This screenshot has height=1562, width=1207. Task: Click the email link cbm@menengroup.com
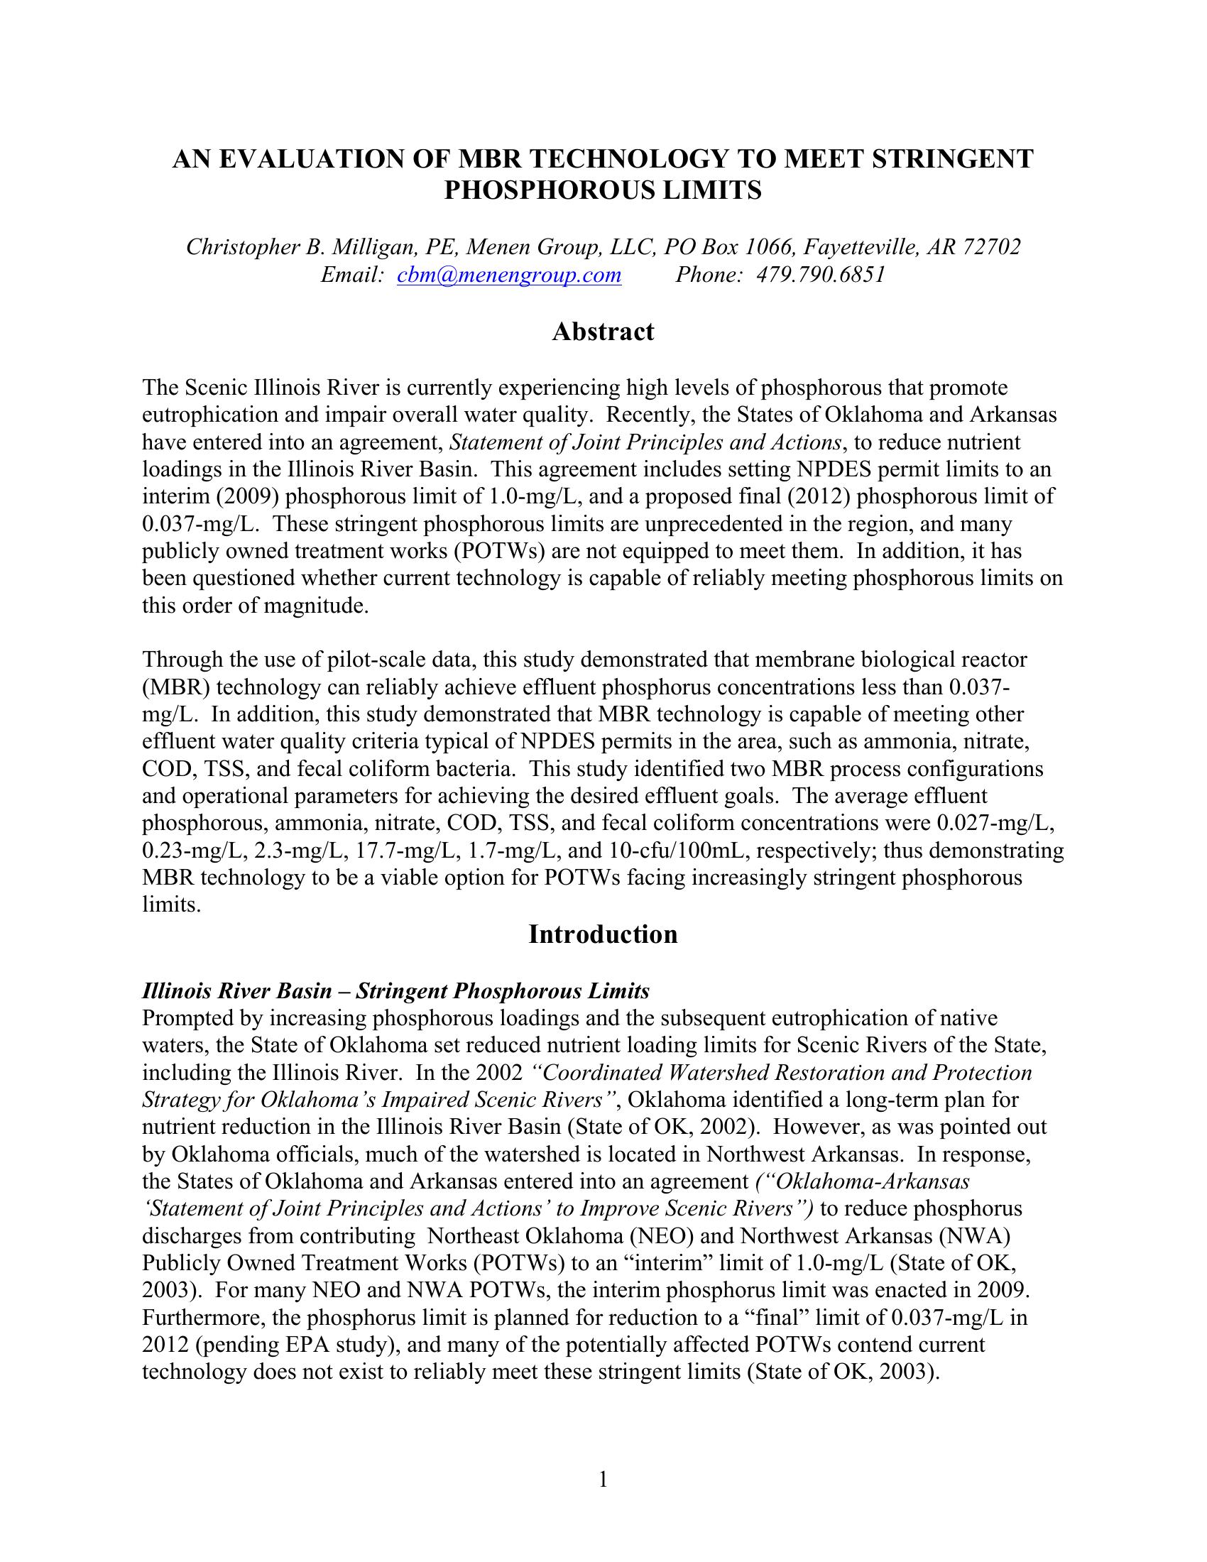(508, 275)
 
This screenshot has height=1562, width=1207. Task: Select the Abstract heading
(603, 332)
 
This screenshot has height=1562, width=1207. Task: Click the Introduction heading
(603, 934)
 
